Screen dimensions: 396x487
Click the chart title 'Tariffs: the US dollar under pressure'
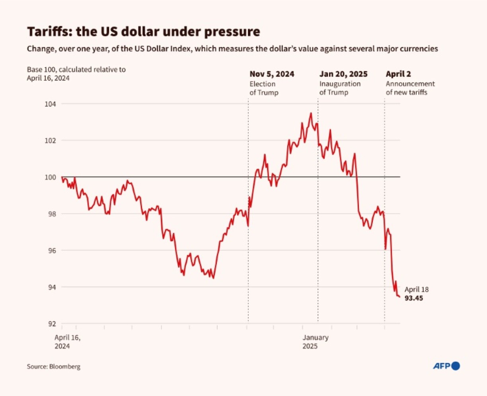[143, 32]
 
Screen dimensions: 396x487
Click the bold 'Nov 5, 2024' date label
[272, 74]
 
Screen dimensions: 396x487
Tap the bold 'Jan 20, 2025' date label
[343, 74]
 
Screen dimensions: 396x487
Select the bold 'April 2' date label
[398, 74]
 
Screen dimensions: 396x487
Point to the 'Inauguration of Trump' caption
[340, 88]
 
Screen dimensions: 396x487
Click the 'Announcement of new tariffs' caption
[410, 88]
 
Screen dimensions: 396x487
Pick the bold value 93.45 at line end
[414, 298]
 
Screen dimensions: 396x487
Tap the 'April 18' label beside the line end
[417, 289]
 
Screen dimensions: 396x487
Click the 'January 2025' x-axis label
[316, 342]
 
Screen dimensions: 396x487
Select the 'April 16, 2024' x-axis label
[68, 342]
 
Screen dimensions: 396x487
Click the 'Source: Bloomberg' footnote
[54, 367]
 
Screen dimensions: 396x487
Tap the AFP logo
[446, 366]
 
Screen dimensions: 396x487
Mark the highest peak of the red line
[311, 113]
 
